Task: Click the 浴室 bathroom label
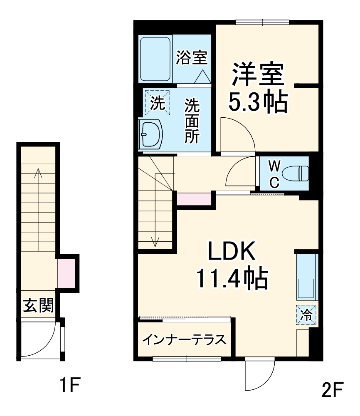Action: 191,57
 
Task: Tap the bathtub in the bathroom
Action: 155,59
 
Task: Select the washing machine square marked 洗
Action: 157,102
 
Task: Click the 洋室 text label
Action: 257,74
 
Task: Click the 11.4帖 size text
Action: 231,279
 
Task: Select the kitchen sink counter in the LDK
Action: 307,277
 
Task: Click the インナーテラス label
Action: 184,340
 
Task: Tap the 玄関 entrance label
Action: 38,306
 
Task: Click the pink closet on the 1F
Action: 66,272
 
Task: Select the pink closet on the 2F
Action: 194,199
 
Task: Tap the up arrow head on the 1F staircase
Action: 38,171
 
